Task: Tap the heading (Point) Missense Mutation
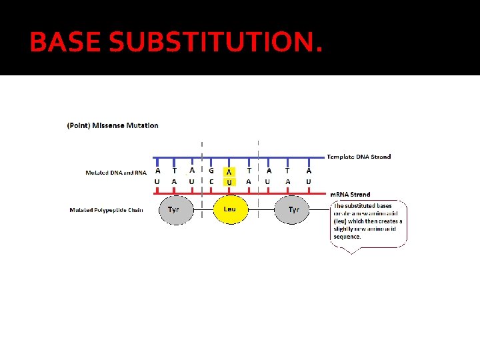coord(113,125)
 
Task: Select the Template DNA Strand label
coord(359,157)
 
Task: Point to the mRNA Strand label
coord(350,195)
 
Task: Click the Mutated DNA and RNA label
coord(116,173)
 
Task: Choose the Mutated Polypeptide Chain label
coord(106,210)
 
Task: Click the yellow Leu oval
coord(230,209)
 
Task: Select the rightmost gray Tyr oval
coord(293,209)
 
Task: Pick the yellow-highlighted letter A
coord(229,172)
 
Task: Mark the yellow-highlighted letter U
coord(229,182)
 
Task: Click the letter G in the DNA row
coord(211,170)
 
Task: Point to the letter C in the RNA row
coord(211,181)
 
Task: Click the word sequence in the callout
coord(347,237)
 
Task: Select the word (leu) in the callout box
coord(341,221)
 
